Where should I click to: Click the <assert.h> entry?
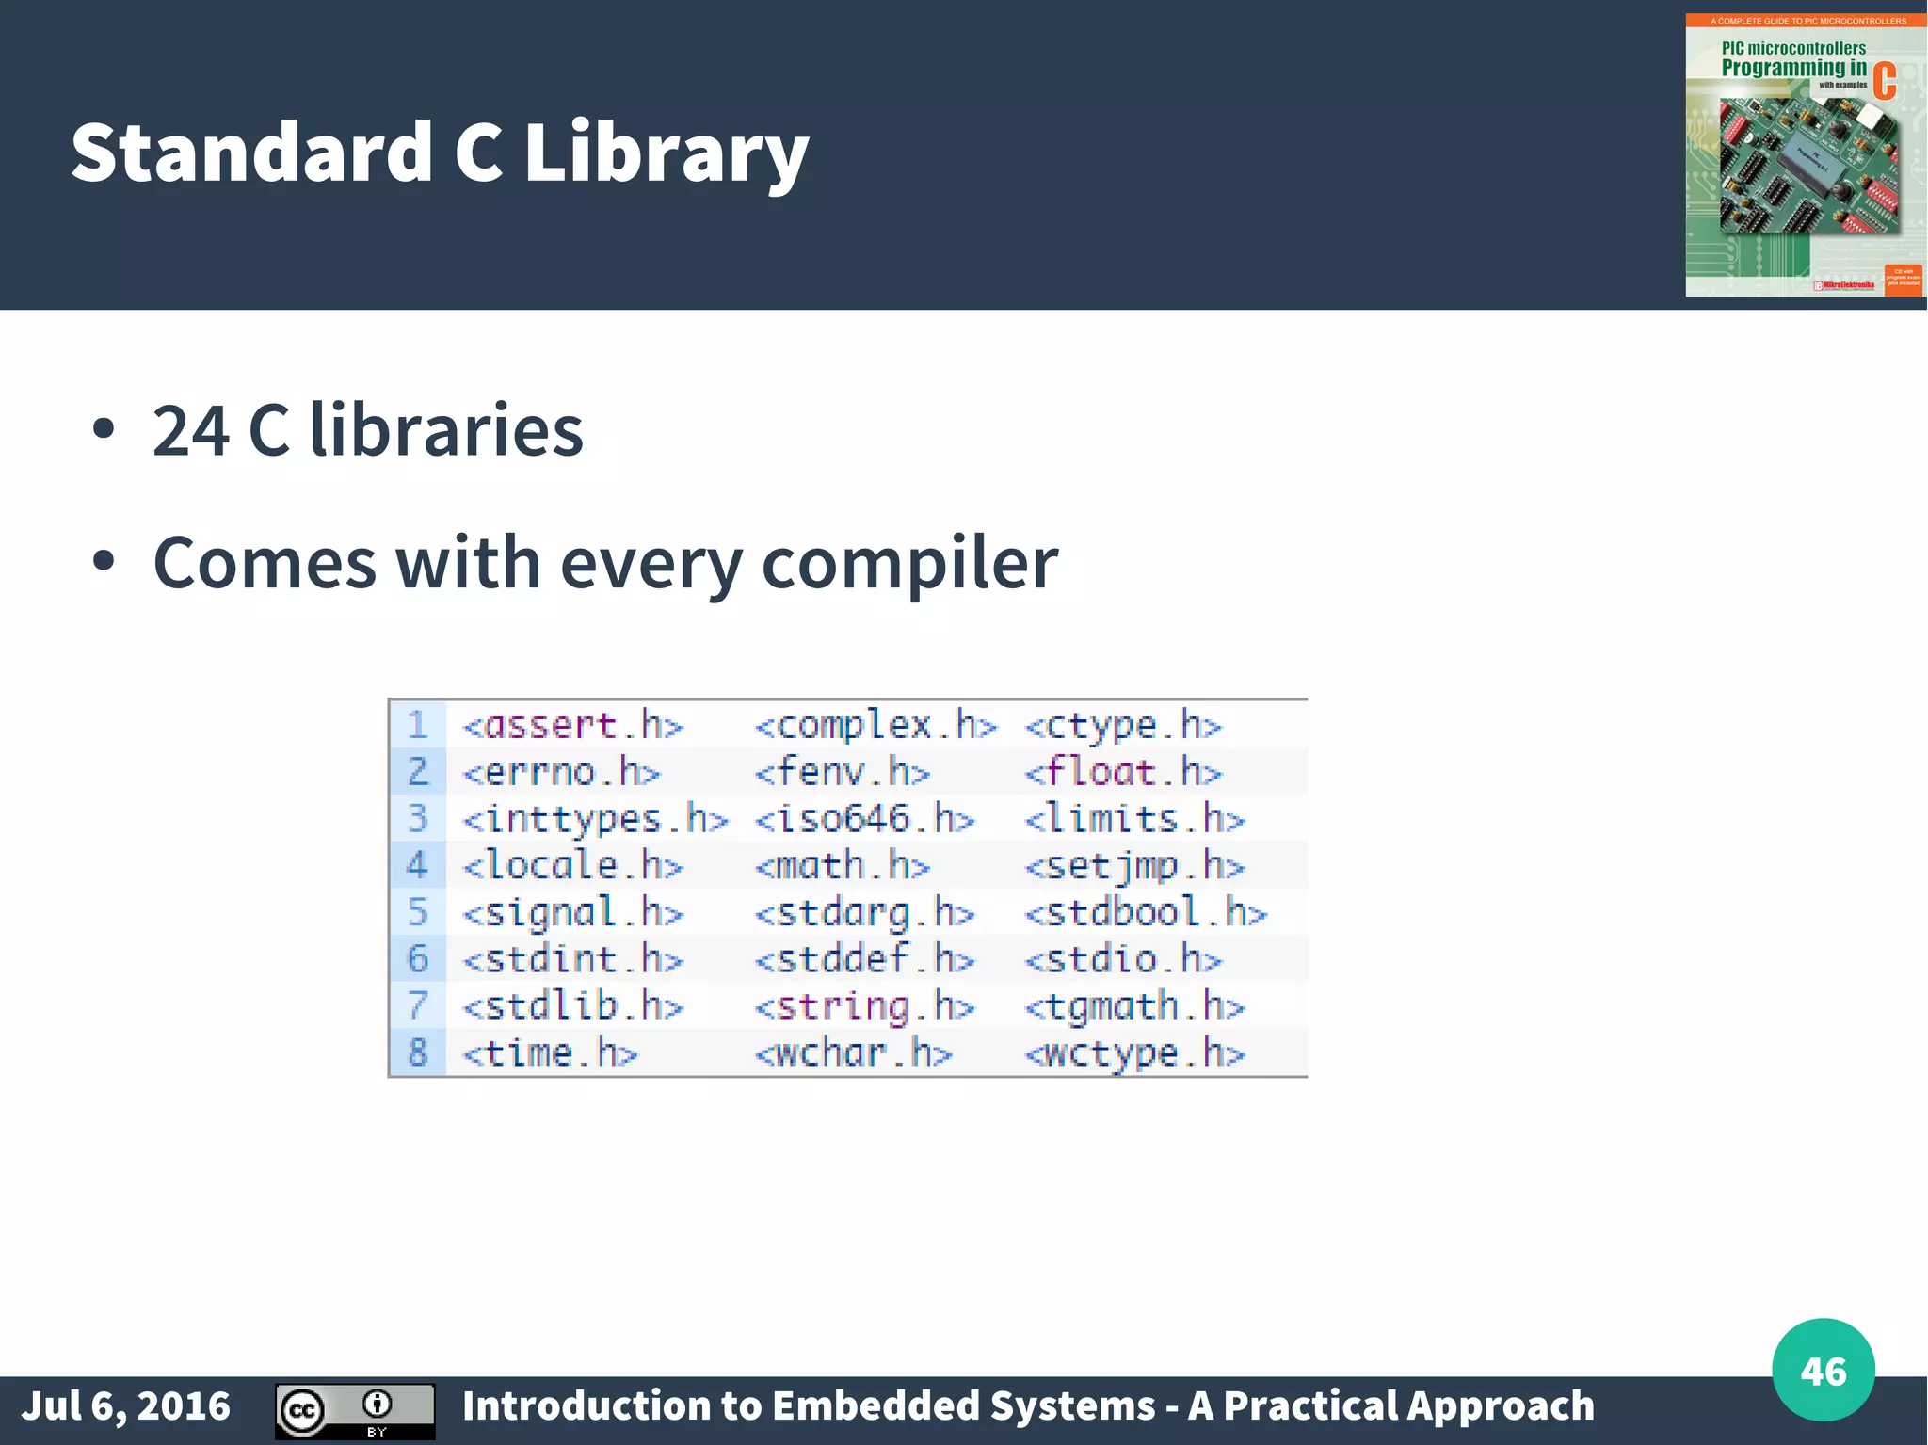[x=572, y=726]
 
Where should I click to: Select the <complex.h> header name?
[x=875, y=726]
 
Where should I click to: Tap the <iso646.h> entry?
[x=864, y=819]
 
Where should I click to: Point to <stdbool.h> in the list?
[x=1145, y=912]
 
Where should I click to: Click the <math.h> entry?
[x=842, y=865]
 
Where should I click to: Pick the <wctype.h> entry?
[x=1133, y=1053]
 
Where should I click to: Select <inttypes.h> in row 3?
[x=595, y=819]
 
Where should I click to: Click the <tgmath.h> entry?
[x=1133, y=1006]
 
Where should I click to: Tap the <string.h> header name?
[x=864, y=1006]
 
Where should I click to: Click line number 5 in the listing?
[x=417, y=912]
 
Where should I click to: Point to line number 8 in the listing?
[x=417, y=1052]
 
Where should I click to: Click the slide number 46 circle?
[x=1823, y=1370]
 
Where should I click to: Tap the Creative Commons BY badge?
[x=355, y=1410]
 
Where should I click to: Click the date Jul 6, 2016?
[x=126, y=1405]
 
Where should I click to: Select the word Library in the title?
[x=666, y=153]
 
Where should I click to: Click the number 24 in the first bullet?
[x=191, y=430]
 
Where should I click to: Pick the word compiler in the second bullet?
[x=908, y=563]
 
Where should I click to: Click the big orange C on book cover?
[x=1884, y=81]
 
